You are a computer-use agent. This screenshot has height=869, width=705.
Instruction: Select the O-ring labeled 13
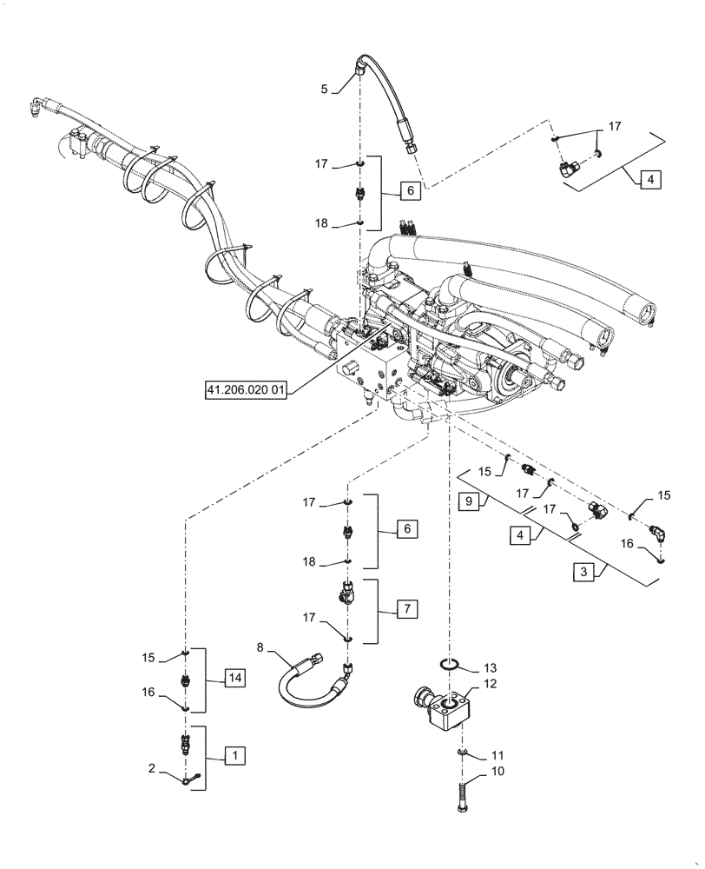point(450,665)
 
